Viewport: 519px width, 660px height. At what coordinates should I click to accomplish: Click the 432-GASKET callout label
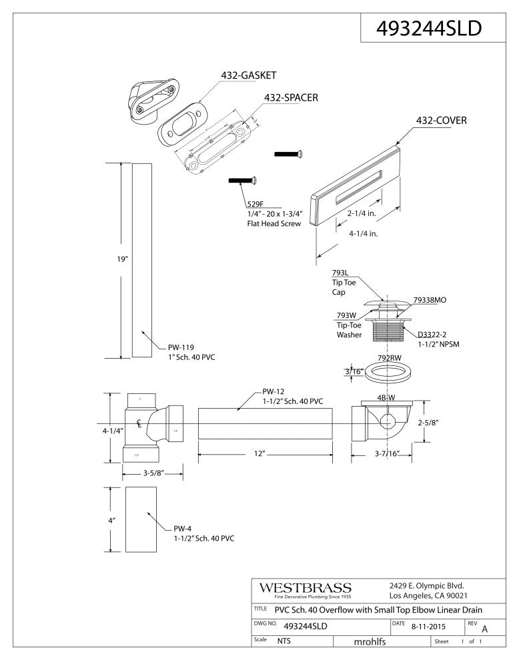coord(249,75)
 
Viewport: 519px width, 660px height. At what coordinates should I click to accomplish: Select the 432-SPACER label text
coord(291,97)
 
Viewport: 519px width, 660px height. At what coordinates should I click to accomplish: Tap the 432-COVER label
coord(441,121)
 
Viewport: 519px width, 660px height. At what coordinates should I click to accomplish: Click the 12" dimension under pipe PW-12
coord(259,453)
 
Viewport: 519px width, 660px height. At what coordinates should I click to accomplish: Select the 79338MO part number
coord(430,301)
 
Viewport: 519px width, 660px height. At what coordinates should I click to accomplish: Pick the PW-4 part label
coord(184,529)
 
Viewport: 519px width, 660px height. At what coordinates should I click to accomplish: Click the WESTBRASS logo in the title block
coord(304,587)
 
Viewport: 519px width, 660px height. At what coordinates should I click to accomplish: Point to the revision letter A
coord(484,629)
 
